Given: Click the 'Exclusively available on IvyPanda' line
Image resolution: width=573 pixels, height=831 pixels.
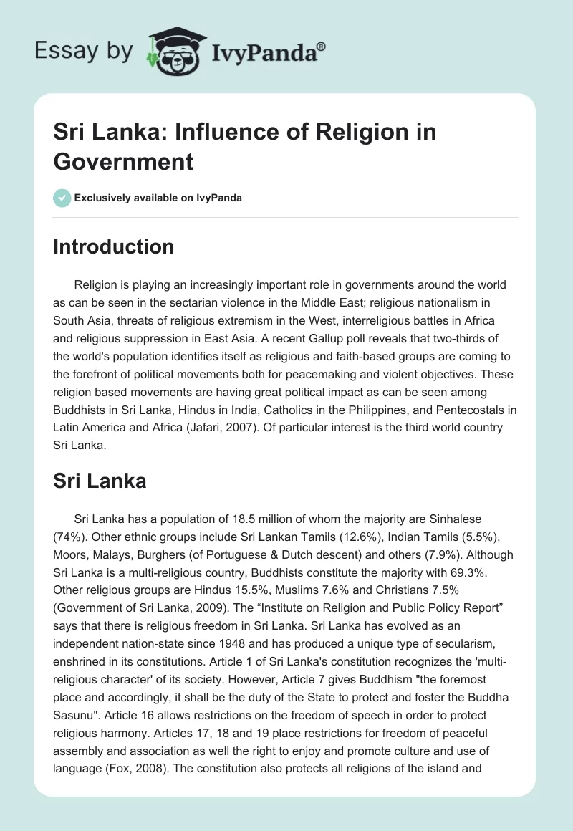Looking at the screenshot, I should [158, 198].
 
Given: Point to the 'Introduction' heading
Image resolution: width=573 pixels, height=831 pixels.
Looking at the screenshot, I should [113, 246].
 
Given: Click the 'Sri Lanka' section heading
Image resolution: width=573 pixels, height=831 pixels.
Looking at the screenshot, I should [100, 481].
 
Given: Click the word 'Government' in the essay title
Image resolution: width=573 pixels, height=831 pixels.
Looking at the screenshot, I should [123, 161].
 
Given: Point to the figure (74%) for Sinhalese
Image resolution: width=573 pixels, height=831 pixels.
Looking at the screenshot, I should [69, 537].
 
